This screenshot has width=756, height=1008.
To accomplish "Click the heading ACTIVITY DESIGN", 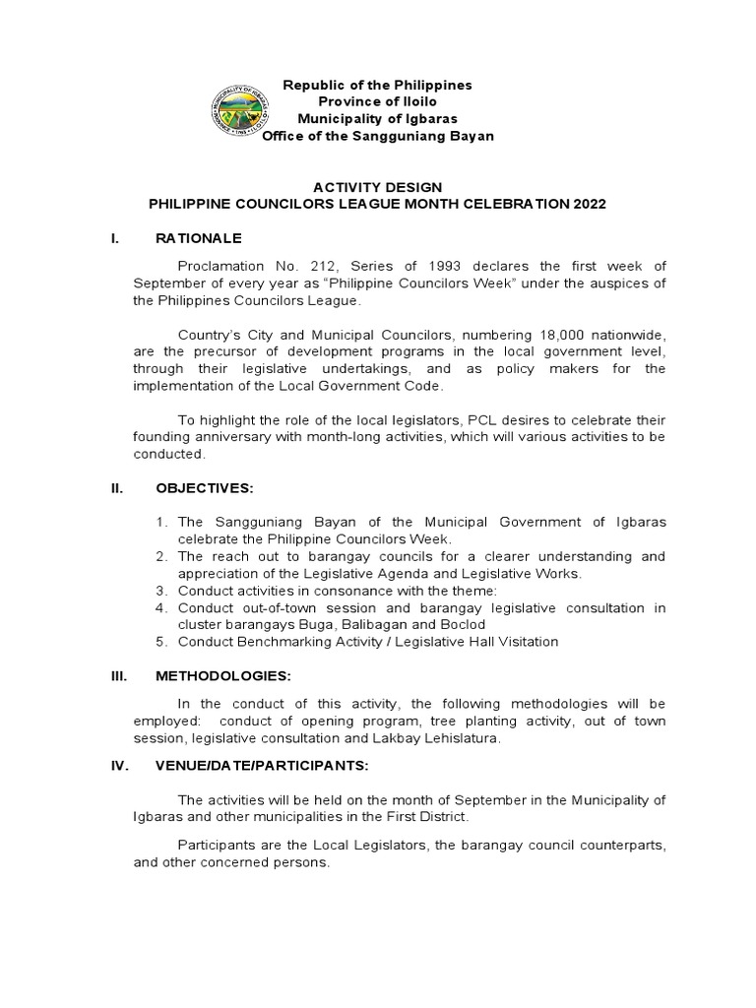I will (377, 187).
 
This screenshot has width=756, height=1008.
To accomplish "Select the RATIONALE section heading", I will (199, 238).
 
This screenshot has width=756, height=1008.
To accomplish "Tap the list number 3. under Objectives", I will (163, 591).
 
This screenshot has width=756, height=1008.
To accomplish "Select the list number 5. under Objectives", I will (163, 642).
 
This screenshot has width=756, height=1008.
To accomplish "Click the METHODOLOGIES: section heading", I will (223, 676).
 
